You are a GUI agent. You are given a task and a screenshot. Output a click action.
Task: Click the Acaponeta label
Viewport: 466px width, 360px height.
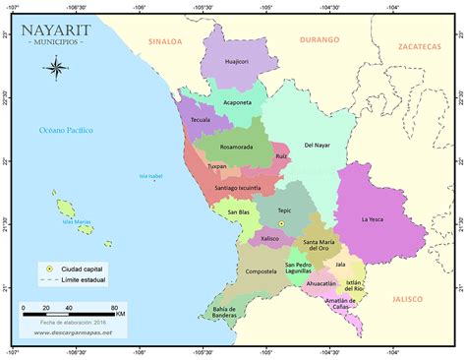(x=238, y=101)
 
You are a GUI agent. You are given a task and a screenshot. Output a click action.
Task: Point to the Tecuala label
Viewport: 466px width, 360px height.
(x=201, y=119)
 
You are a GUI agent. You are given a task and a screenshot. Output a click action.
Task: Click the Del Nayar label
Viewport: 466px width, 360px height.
(x=318, y=145)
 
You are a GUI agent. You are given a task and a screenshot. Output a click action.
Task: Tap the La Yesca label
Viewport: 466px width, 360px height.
(x=373, y=218)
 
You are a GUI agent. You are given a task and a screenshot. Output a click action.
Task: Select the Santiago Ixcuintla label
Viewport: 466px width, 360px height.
(x=237, y=187)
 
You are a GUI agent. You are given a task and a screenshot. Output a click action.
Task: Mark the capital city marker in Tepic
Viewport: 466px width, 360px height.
(x=280, y=224)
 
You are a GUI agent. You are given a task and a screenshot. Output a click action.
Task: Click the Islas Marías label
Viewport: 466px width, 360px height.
(x=77, y=221)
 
